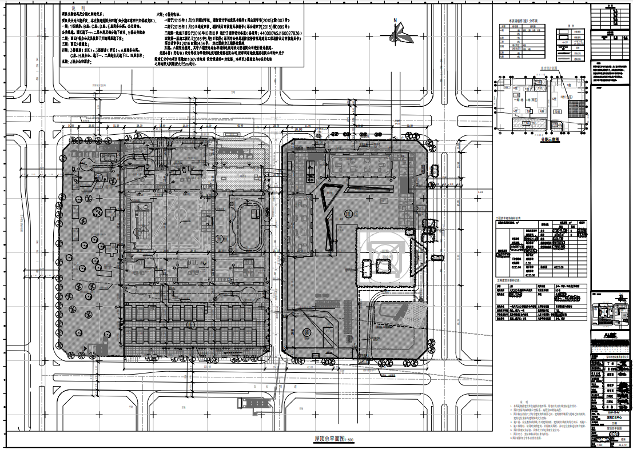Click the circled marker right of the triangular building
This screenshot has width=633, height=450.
point(347,214)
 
